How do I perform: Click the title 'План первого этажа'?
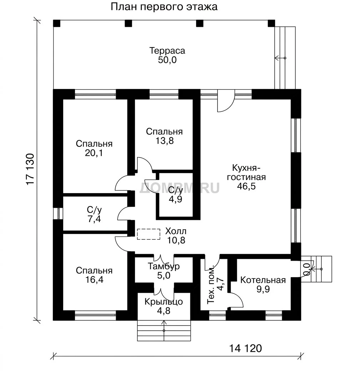tap(164, 7)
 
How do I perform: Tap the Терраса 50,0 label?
tap(167, 55)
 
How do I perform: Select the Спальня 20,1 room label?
tap(94, 148)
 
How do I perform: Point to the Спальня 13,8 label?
tap(164, 136)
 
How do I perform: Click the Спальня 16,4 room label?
tap(94, 275)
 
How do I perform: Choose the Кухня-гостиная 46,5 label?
tap(246, 177)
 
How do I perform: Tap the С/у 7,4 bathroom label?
tap(94, 214)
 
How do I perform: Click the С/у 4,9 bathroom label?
tap(176, 195)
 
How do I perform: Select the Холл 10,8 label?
tap(176, 236)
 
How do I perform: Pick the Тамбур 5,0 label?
tap(164, 271)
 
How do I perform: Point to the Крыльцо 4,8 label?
tap(164, 306)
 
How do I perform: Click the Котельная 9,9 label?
tap(263, 284)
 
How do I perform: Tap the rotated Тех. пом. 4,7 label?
tap(215, 284)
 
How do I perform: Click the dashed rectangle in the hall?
tap(149, 234)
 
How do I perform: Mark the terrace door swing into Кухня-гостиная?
tap(226, 101)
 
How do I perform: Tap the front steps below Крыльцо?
tap(164, 330)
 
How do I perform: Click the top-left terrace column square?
tap(56, 23)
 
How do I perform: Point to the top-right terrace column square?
tap(271, 23)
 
